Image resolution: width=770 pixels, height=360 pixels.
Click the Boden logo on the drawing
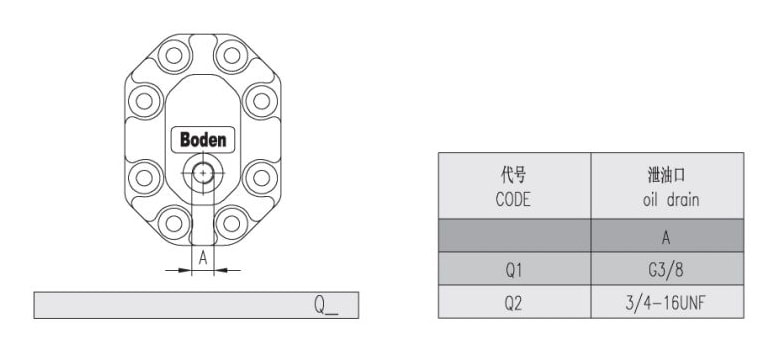pyautogui.click(x=203, y=139)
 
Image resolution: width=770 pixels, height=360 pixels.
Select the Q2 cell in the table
pyautogui.click(x=514, y=303)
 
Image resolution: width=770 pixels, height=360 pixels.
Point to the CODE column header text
pyautogui.click(x=513, y=199)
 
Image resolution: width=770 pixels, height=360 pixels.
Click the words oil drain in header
pyautogui.click(x=671, y=200)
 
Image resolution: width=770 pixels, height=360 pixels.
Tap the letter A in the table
pyautogui.click(x=666, y=238)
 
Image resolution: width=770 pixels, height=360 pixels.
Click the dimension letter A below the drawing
pyautogui.click(x=203, y=258)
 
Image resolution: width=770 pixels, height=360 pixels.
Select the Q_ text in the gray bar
pyautogui.click(x=326, y=305)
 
